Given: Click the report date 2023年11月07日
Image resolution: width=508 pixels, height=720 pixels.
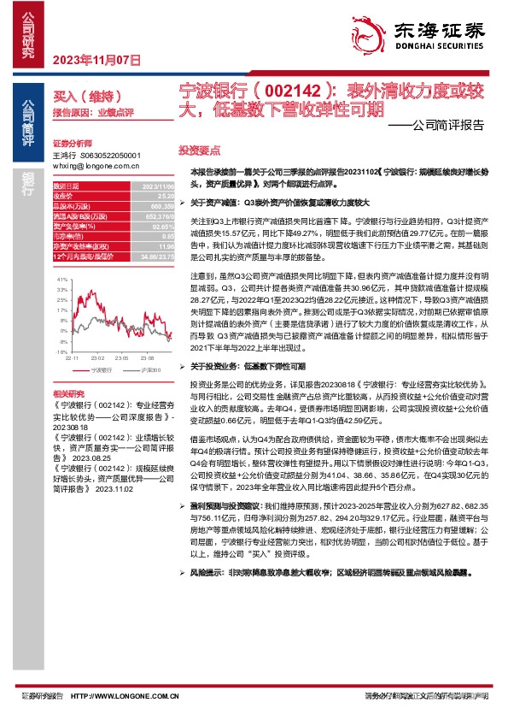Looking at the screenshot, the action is point(96,60).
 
